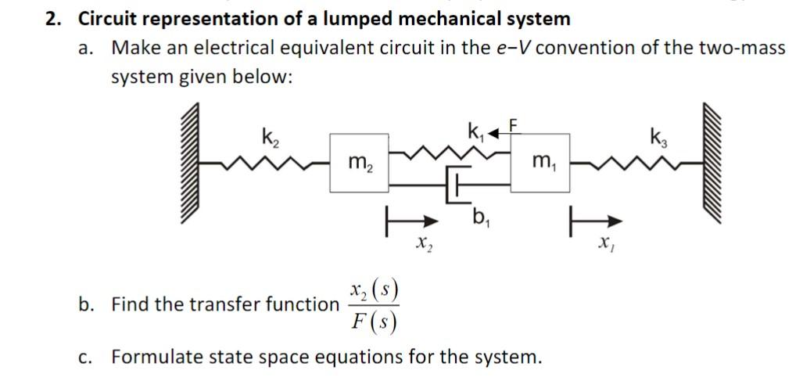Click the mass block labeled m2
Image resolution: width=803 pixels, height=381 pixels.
pos(360,162)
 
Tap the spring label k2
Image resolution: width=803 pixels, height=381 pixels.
pos(268,138)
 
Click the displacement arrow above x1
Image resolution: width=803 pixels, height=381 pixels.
pos(589,222)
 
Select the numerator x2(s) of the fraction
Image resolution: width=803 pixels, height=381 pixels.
pos(374,291)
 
